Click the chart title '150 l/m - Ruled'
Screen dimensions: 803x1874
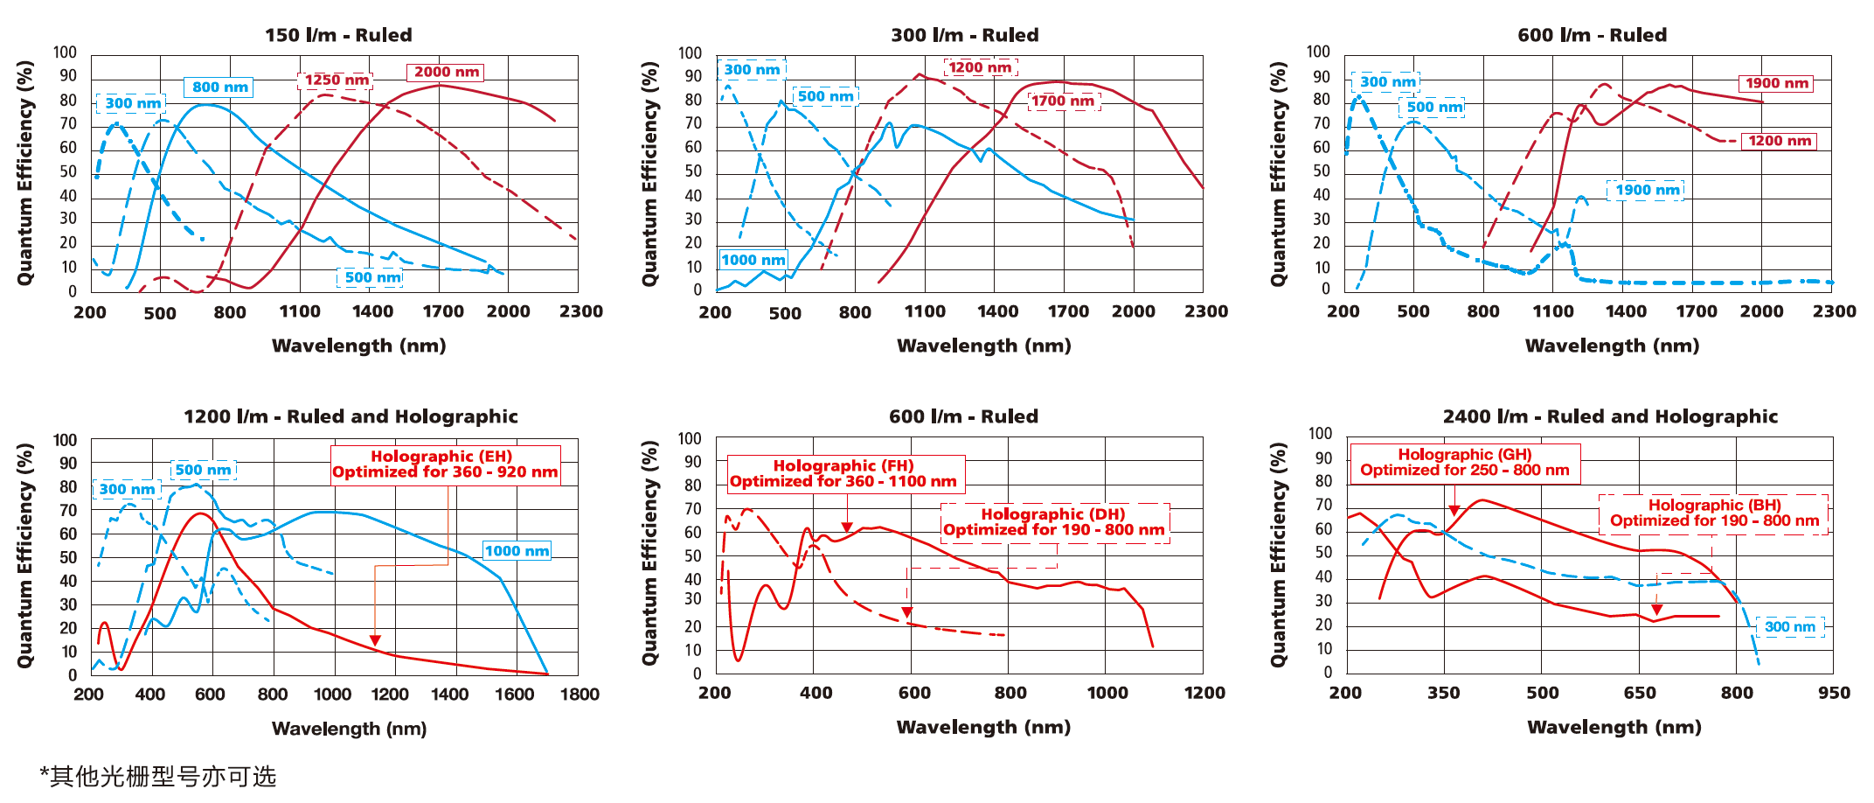click(338, 35)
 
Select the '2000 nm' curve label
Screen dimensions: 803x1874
click(446, 73)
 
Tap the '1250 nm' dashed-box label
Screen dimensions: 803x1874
click(336, 80)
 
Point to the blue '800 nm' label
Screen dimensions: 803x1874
click(219, 87)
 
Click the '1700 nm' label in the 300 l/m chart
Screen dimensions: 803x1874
click(1063, 101)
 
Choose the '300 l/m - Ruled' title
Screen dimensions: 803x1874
click(964, 35)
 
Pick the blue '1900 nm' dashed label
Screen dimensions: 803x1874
click(1646, 191)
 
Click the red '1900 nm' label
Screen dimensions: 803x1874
click(1776, 84)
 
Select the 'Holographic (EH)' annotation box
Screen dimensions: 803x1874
click(445, 464)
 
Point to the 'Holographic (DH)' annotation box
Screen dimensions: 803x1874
click(1053, 522)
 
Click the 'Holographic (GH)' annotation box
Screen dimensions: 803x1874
click(1464, 463)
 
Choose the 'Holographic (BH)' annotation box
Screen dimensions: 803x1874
click(1714, 513)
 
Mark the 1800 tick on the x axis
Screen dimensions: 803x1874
click(580, 695)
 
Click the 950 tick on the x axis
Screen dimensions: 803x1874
click(1834, 694)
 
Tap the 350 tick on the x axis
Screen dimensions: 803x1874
click(1444, 694)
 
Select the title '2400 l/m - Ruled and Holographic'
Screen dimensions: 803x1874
click(1610, 416)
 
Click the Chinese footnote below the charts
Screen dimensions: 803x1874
click(158, 776)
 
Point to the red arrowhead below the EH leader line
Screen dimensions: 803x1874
click(375, 640)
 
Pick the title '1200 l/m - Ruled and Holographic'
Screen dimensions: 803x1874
click(351, 416)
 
